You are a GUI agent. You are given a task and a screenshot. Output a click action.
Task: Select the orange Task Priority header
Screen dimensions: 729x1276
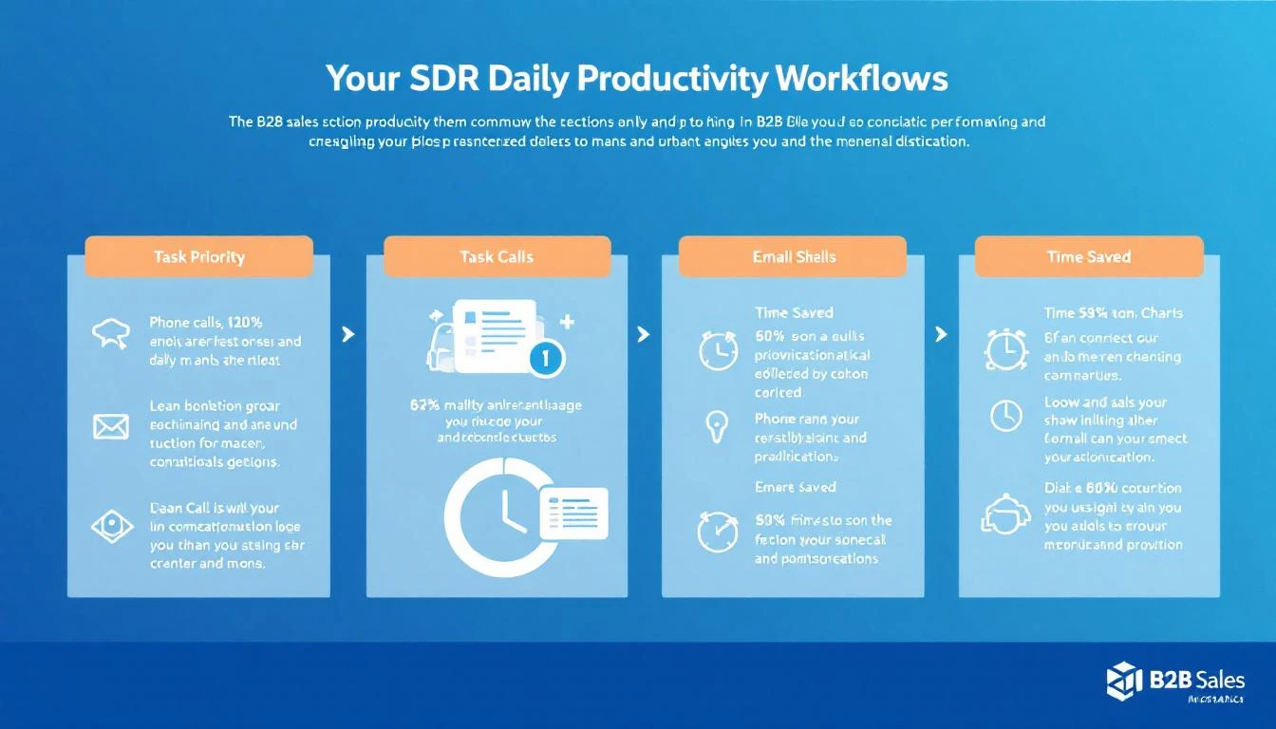click(199, 256)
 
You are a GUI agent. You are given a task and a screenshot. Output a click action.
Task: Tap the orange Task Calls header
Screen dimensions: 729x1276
click(497, 256)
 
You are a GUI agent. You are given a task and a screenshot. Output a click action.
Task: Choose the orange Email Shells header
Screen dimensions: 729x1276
click(794, 256)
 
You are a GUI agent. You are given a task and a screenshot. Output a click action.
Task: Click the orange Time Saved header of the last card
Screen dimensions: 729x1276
click(1089, 256)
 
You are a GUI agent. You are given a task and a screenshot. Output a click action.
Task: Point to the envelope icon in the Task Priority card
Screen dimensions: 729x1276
click(110, 426)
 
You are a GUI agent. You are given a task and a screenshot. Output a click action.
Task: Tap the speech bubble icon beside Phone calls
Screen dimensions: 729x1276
click(110, 333)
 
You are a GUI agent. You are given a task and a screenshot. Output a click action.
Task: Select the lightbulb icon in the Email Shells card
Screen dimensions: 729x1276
click(714, 425)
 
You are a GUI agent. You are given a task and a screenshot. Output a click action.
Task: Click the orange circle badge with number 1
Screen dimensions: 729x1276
click(547, 358)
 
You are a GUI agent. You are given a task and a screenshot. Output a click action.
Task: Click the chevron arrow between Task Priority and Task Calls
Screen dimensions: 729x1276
click(348, 334)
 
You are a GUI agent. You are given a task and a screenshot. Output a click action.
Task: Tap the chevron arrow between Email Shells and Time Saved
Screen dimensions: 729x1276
click(942, 334)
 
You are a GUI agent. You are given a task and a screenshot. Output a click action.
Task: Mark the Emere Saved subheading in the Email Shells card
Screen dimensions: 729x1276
click(795, 487)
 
